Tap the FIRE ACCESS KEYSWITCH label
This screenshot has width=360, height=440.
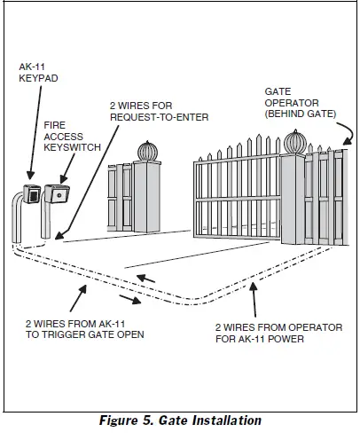pos(70,138)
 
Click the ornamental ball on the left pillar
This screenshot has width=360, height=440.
pos(146,148)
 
